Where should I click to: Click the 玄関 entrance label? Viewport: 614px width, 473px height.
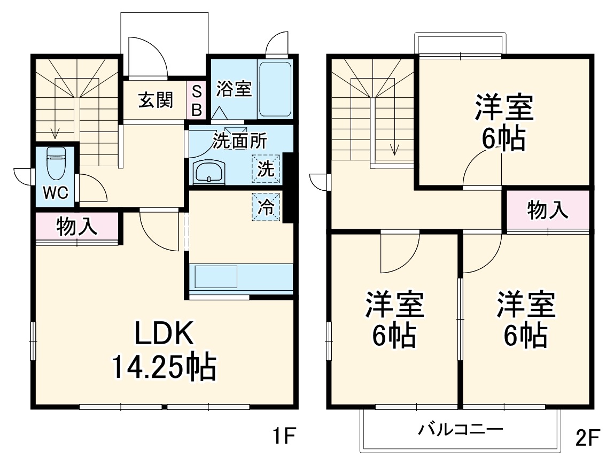(x=156, y=100)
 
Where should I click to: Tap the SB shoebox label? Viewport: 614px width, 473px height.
(x=197, y=100)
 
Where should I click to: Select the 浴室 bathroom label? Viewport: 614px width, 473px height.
(x=234, y=89)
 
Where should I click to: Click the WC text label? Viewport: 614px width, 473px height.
(x=56, y=193)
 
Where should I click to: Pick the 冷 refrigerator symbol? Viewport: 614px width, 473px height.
(x=266, y=206)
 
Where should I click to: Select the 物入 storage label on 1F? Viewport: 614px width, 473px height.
(x=77, y=227)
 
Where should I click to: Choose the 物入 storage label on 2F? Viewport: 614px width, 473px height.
(x=548, y=210)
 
